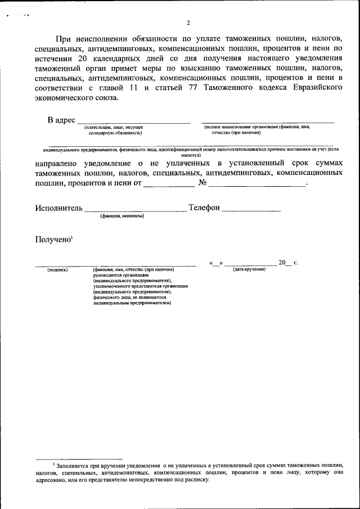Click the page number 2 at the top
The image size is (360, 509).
point(188,23)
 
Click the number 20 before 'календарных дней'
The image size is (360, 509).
point(83,59)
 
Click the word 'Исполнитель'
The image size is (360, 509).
point(58,208)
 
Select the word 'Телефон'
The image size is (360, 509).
point(204,208)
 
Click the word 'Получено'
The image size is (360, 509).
point(52,240)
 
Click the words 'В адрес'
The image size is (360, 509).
point(61,120)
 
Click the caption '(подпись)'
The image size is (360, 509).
point(57,270)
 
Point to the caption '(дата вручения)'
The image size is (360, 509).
point(249,270)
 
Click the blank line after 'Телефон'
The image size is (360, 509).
point(251,210)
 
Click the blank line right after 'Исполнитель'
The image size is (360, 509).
point(135,210)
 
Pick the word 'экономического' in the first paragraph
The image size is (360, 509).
point(70,98)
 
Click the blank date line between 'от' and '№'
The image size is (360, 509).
point(168,186)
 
